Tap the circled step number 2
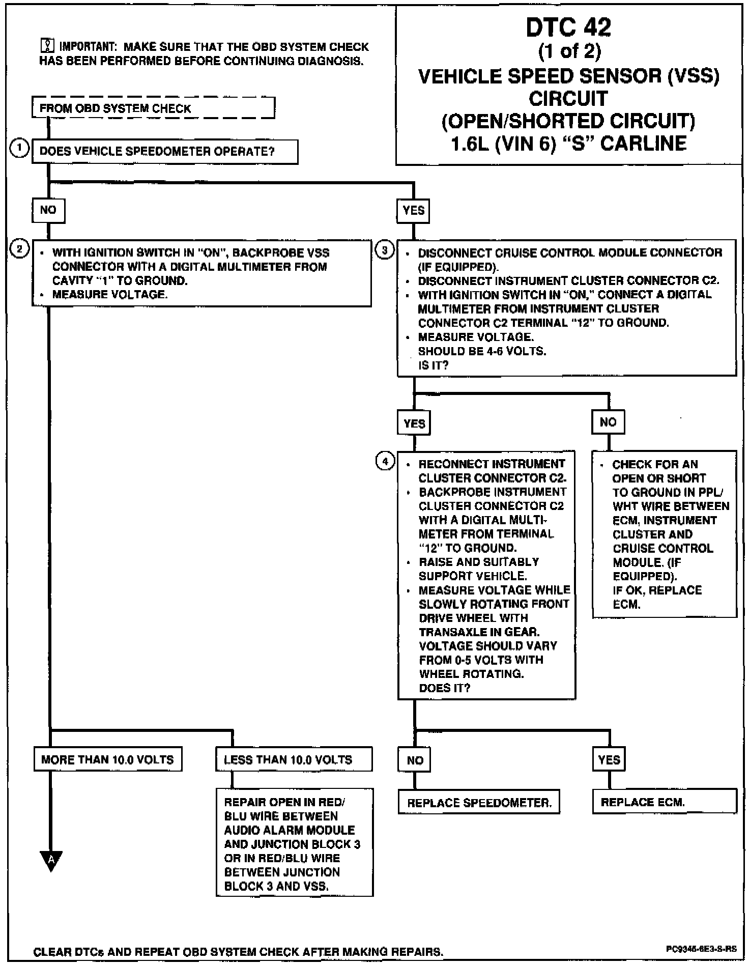click(20, 249)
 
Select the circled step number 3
click(385, 250)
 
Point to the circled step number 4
click(385, 461)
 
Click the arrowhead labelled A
click(51, 860)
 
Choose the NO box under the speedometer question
click(48, 210)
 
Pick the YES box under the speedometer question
click(413, 211)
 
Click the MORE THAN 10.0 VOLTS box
click(107, 759)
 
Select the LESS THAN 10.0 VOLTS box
click(294, 759)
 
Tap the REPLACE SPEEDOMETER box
click(479, 803)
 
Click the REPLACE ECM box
click(665, 802)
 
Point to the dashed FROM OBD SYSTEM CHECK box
click(153, 108)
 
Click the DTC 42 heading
click(568, 27)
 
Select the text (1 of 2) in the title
click(569, 51)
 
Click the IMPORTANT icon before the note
click(47, 47)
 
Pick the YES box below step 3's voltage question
click(414, 423)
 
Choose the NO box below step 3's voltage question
click(608, 422)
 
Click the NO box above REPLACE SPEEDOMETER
click(415, 760)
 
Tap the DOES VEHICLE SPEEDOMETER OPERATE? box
click(165, 152)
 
